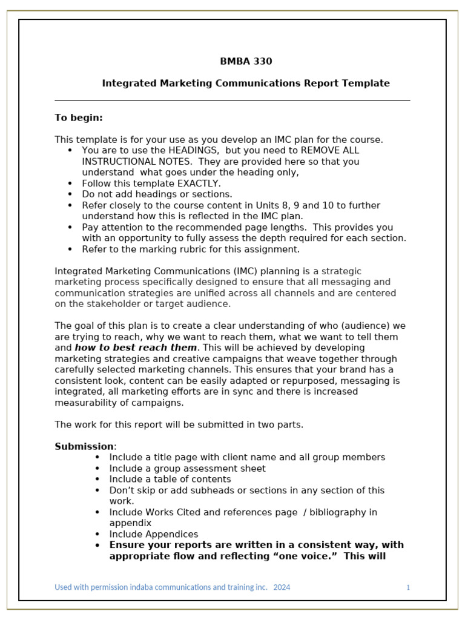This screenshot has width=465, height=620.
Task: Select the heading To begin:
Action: tap(79, 117)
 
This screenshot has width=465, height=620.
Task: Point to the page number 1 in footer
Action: tap(408, 587)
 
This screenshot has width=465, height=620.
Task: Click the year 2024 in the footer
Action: tap(282, 587)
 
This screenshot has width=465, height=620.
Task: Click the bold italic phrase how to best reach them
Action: tap(136, 348)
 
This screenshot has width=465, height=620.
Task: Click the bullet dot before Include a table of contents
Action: tap(97, 480)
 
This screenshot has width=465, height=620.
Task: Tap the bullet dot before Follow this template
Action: tap(70, 183)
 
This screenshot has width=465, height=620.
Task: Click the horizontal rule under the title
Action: tap(232, 101)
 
